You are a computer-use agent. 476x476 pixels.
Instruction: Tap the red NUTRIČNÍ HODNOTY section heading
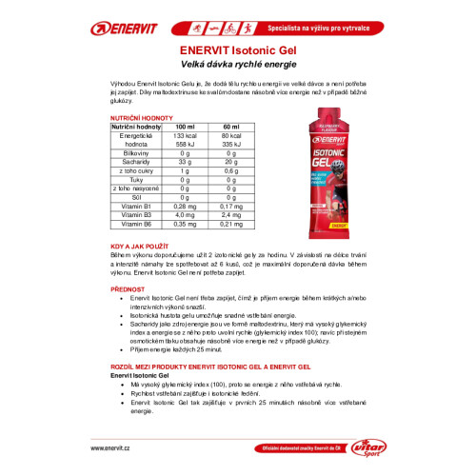click(143, 119)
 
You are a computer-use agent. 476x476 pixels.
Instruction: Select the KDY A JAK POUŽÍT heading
click(149, 247)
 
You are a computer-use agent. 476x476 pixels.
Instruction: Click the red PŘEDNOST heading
click(129, 288)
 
